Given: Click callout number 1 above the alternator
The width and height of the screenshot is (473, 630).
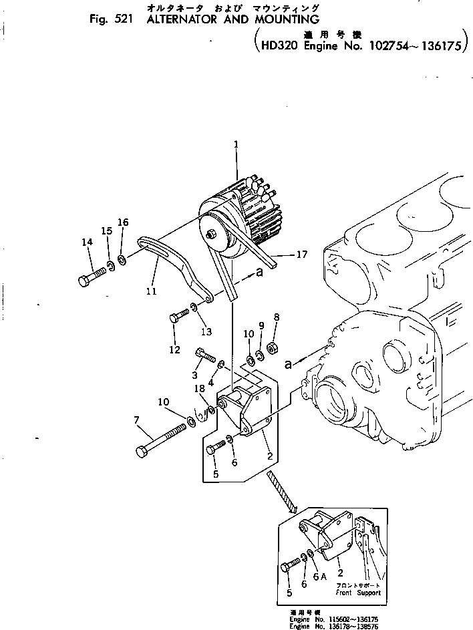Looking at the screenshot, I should point(236,144).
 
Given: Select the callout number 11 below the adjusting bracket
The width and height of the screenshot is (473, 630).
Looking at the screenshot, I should point(150,291).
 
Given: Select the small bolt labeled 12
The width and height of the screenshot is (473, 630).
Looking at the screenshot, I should point(178,317).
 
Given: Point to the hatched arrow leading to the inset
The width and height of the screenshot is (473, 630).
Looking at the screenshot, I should point(281,492).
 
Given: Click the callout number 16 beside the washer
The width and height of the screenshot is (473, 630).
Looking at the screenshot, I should point(122,222).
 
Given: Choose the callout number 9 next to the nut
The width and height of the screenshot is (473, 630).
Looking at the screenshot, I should point(262,327).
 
